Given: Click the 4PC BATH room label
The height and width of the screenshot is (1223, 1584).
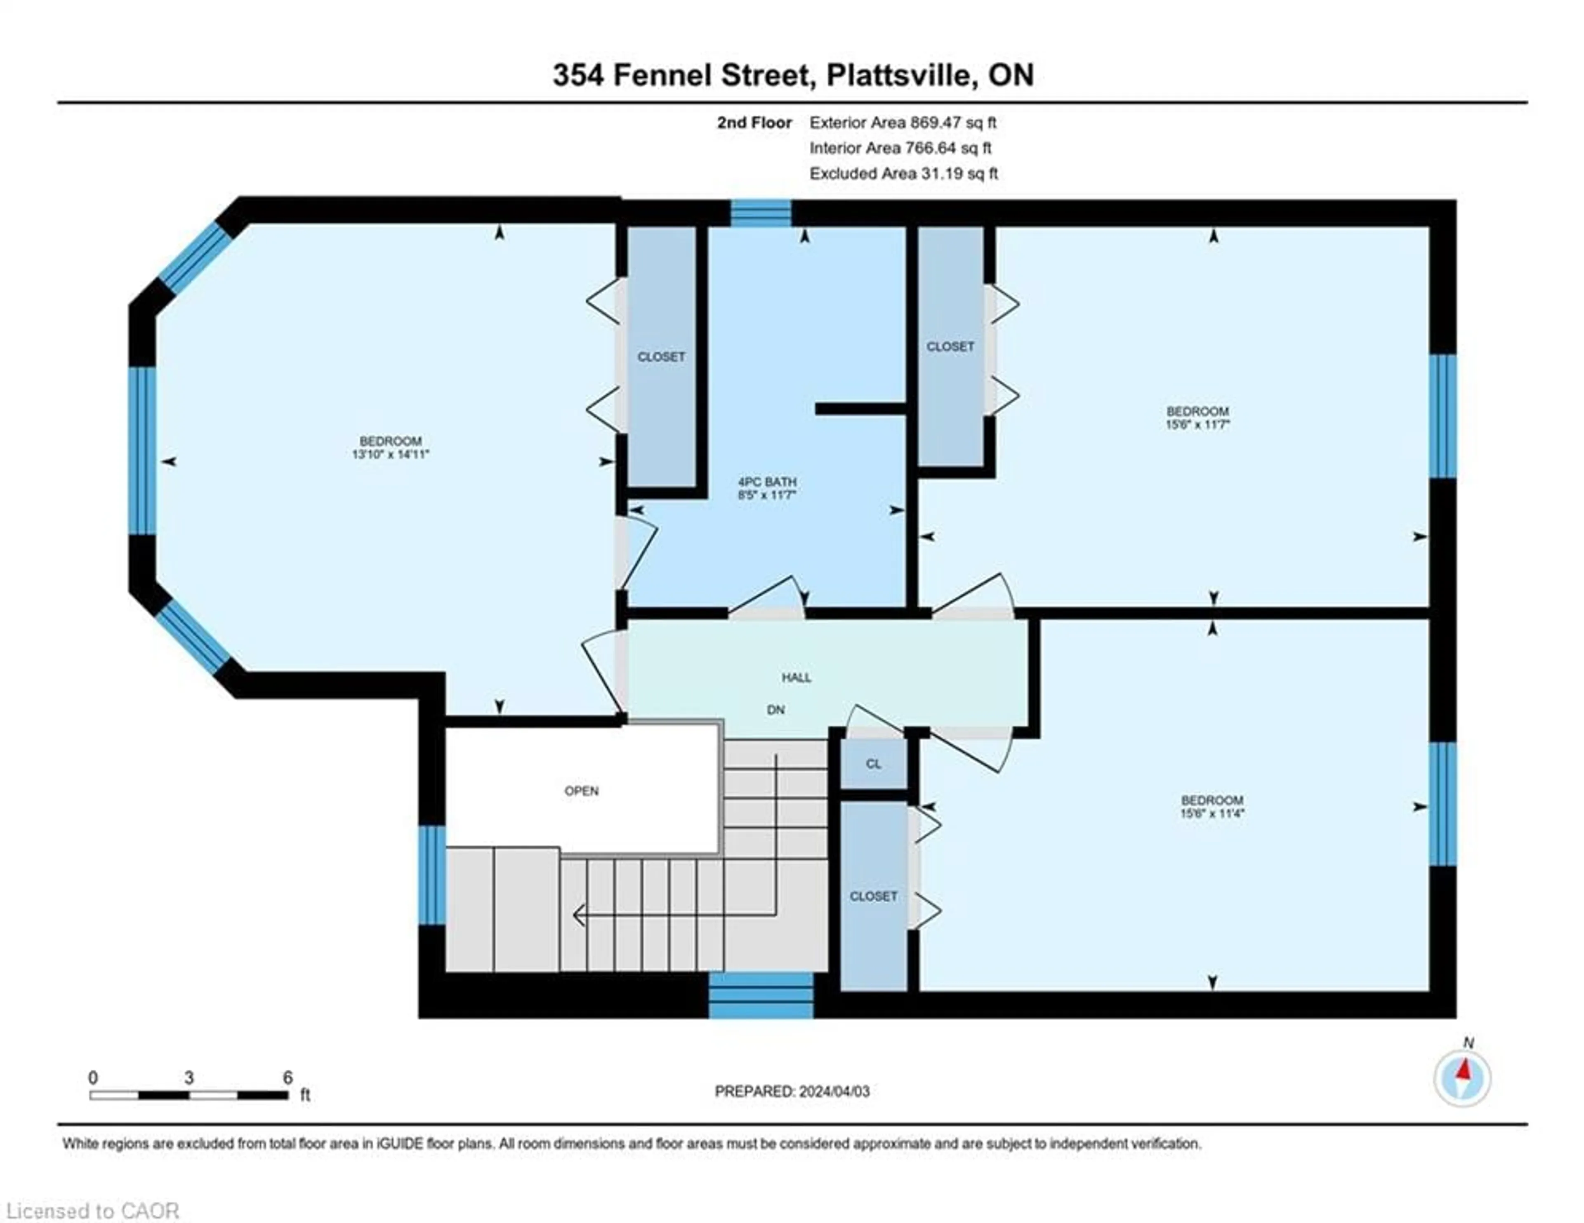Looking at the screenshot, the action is [767, 482].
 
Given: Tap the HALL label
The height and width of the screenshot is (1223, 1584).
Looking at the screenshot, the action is [797, 678].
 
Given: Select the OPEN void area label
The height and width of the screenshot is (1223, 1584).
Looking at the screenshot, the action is [582, 791].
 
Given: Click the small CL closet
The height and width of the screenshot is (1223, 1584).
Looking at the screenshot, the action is [873, 764].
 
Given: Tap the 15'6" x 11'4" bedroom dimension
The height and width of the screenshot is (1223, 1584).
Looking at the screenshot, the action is [1212, 813].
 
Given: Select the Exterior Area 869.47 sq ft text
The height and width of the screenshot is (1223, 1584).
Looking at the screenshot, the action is [903, 123].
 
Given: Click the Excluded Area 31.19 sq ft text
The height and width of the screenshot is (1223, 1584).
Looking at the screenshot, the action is [904, 173].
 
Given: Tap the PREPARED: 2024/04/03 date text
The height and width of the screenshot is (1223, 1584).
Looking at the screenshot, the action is [792, 1091].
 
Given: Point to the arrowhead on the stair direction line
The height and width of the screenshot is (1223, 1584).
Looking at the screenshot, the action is [579, 917].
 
